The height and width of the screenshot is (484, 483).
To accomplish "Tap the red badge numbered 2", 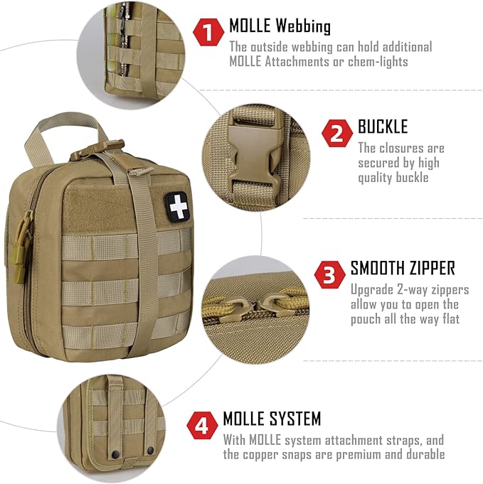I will click(338, 133).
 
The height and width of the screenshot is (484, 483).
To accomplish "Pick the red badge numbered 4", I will click(203, 425).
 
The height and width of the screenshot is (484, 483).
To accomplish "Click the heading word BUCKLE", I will click(383, 127).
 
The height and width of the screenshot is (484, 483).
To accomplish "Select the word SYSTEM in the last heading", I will click(292, 419).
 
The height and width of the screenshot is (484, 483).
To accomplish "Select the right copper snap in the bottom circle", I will click(150, 451).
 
